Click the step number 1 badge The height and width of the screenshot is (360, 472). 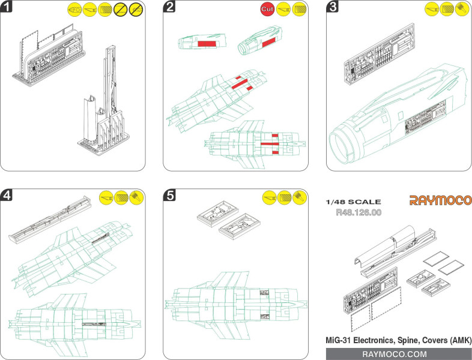click(x=8, y=8)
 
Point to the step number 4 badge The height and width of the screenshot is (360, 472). click(x=8, y=195)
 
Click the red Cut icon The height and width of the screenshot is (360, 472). click(x=268, y=9)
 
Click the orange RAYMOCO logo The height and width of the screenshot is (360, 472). click(x=440, y=200)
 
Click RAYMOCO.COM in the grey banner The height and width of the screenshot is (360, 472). click(x=399, y=354)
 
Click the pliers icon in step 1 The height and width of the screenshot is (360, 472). click(x=75, y=9)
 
